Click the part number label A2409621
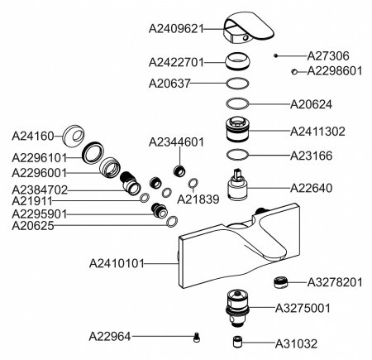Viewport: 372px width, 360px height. [176, 29]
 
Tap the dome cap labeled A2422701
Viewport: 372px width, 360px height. [237, 61]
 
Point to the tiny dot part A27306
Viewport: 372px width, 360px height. [275, 55]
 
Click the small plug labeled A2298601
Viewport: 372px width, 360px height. [294, 72]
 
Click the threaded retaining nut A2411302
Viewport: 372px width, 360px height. [237, 130]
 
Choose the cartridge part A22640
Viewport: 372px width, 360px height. [237, 184]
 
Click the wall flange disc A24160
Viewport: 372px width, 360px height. [73, 137]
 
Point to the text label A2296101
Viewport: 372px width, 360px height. [40, 158]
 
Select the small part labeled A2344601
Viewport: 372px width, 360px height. [179, 170]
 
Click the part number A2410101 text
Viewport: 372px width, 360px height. [117, 263]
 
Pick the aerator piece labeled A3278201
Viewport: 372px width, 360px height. [280, 282]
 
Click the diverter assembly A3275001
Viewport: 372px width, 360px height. [237, 308]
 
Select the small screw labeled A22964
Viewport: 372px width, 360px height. [197, 337]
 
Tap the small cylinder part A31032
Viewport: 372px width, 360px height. [237, 342]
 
